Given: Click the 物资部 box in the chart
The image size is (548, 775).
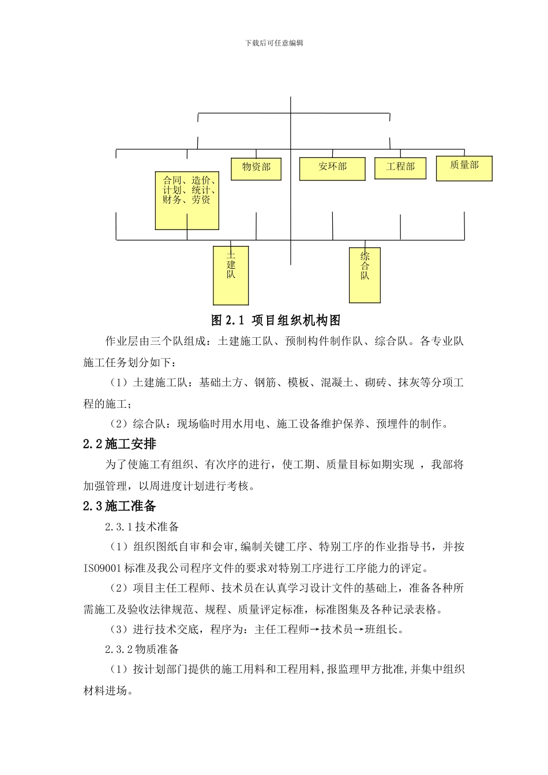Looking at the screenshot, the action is (x=256, y=168).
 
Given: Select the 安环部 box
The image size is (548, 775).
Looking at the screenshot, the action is (x=332, y=168).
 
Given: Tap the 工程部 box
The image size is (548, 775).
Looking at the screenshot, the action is (x=400, y=167).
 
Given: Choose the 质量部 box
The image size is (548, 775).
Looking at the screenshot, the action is (x=464, y=167).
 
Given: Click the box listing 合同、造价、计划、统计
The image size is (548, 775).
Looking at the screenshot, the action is (x=187, y=199).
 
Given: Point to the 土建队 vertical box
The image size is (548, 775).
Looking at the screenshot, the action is (x=231, y=276).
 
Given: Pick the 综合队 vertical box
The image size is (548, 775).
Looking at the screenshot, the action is (x=365, y=274).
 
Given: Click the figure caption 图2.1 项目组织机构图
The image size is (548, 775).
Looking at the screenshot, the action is (x=276, y=320).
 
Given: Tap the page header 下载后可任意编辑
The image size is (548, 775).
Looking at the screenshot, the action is (x=274, y=43).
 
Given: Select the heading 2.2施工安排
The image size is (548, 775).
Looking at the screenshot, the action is (x=119, y=444).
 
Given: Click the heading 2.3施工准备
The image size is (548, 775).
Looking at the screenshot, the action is (x=119, y=506).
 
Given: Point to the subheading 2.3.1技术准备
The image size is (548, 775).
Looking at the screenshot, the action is (x=142, y=527).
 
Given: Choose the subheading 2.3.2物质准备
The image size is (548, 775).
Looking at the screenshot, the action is (x=142, y=649).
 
